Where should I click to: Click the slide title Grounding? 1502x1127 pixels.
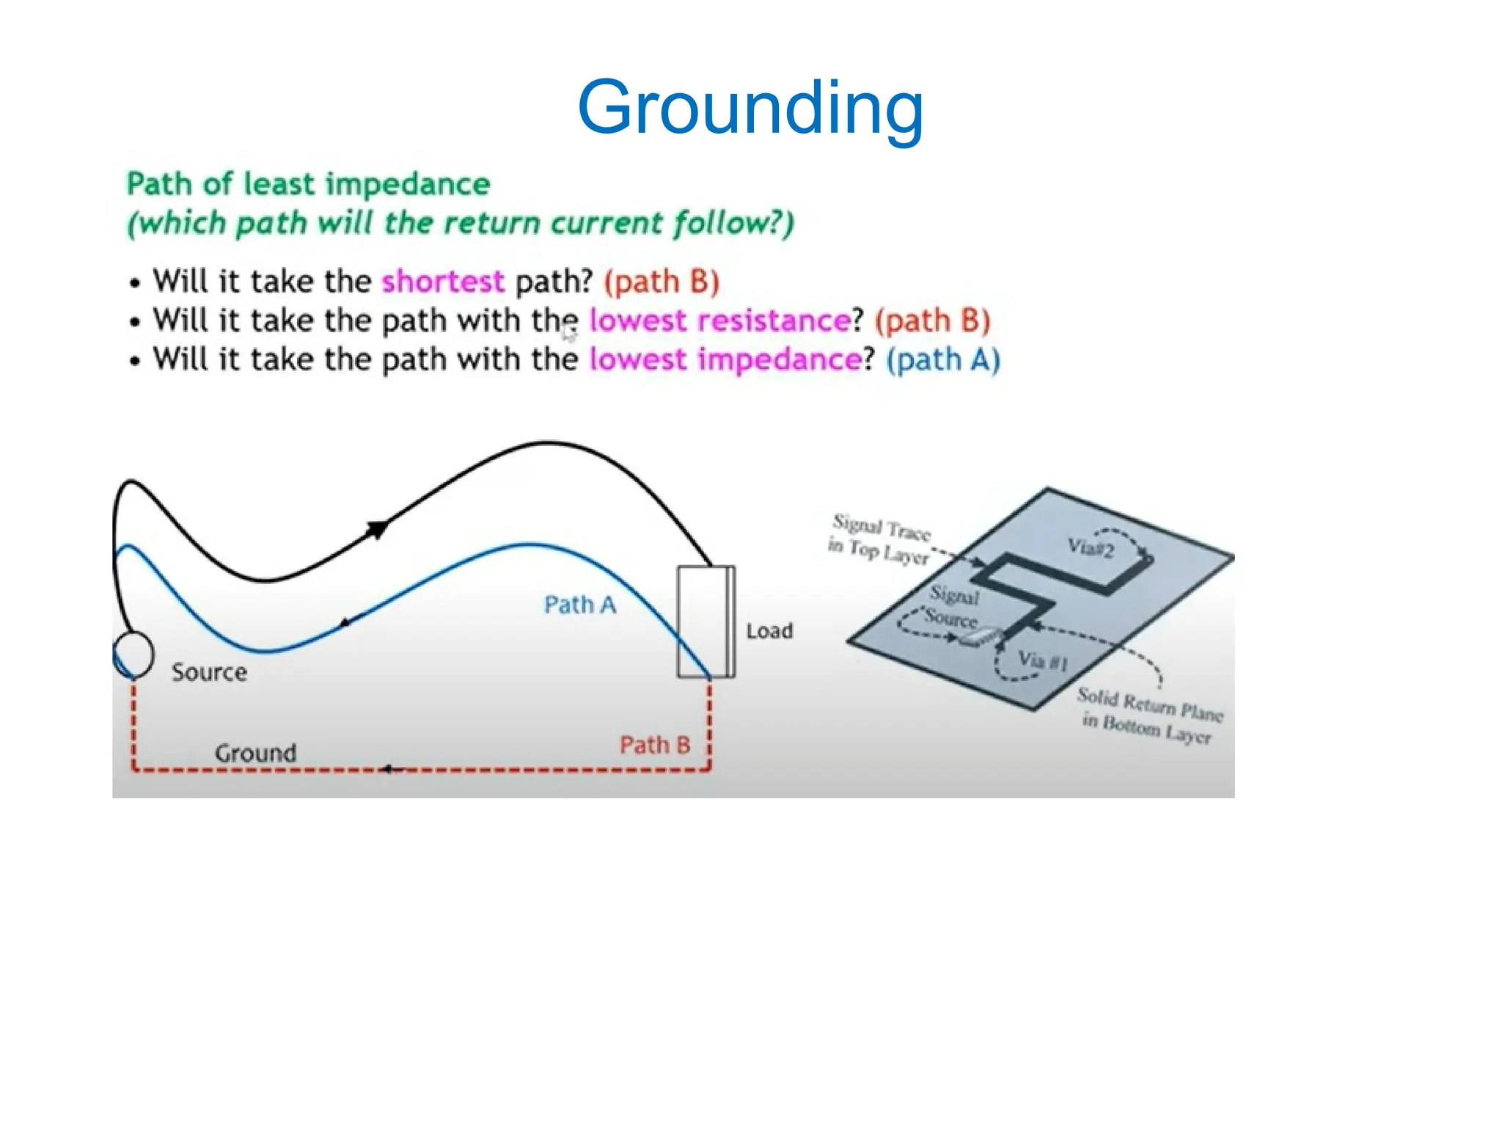(750, 109)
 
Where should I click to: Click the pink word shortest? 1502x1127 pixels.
(443, 282)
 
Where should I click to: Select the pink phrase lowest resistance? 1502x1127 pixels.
(719, 321)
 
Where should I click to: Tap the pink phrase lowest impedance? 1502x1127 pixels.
(725, 360)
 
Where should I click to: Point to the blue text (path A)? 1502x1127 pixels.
(942, 360)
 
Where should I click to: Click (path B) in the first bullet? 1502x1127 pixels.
(661, 282)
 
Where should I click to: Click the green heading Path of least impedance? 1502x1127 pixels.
(308, 184)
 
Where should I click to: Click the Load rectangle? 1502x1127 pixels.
(705, 621)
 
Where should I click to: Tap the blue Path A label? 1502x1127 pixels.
(579, 605)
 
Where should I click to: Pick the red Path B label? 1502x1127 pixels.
(655, 745)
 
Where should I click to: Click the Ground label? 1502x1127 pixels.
(255, 753)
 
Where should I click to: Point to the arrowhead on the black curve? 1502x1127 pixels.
(377, 528)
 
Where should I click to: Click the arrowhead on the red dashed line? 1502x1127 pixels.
(389, 769)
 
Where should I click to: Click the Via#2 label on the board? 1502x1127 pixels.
(1091, 548)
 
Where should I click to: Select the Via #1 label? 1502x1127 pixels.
(1042, 661)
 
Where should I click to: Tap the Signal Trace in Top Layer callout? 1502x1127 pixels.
(880, 539)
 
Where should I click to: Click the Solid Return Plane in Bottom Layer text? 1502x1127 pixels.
(1149, 715)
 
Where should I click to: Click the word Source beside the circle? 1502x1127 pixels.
(209, 673)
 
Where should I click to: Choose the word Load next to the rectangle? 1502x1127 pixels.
(769, 631)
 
